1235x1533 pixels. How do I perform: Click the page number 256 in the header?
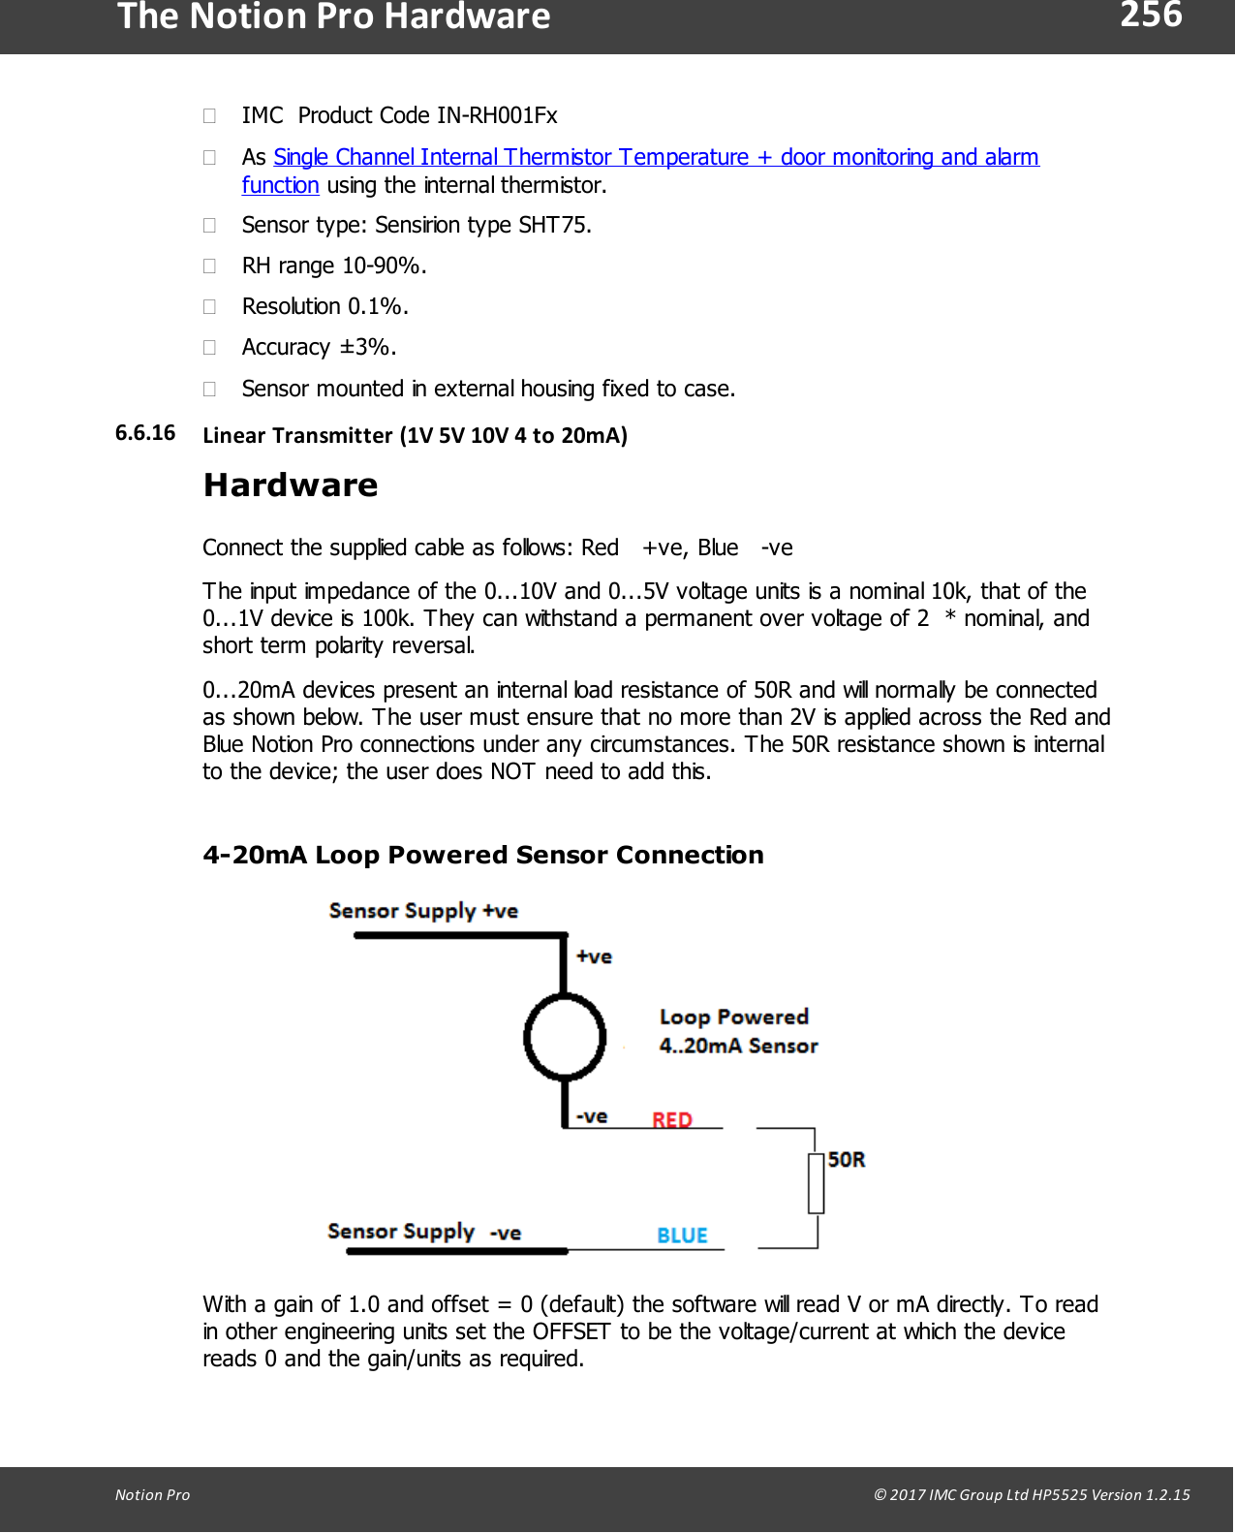pyautogui.click(x=1151, y=16)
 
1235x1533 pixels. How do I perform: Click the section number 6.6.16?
pyautogui.click(x=145, y=433)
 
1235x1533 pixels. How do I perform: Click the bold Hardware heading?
pyautogui.click(x=291, y=485)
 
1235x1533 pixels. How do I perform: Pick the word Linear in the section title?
pyautogui.click(x=233, y=435)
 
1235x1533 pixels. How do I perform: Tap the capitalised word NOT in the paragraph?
pyautogui.click(x=512, y=771)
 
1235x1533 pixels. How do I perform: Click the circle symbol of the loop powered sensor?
pyautogui.click(x=565, y=1037)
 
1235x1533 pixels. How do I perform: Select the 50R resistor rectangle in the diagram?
pyautogui.click(x=816, y=1183)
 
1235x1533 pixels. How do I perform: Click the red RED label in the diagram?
pyautogui.click(x=672, y=1120)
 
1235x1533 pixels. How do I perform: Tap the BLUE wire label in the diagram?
pyautogui.click(x=682, y=1236)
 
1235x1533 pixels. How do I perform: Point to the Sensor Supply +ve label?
pyautogui.click(x=423, y=911)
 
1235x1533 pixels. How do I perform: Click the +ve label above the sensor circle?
pyautogui.click(x=594, y=956)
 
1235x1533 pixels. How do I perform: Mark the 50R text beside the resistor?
pyautogui.click(x=847, y=1160)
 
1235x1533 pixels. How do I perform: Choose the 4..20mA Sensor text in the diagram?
pyautogui.click(x=738, y=1047)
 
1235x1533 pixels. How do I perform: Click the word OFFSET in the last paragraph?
pyautogui.click(x=571, y=1331)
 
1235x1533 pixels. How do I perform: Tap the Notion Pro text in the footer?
pyautogui.click(x=152, y=1494)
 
